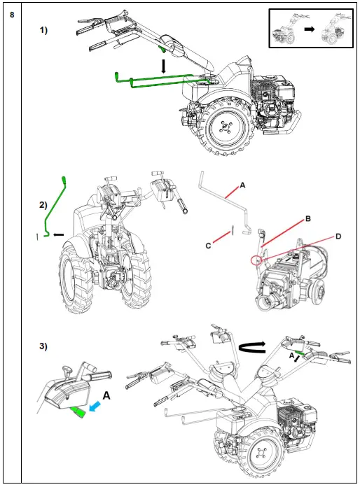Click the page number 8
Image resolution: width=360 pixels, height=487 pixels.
(12, 15)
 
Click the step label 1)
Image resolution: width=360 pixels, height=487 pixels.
(43, 30)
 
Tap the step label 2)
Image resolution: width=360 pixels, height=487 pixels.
(43, 205)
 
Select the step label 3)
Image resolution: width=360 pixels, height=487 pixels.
(43, 346)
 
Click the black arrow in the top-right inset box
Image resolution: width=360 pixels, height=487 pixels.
(310, 29)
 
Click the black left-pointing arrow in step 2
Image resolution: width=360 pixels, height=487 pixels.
(58, 234)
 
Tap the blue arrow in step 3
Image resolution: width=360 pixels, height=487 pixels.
(96, 407)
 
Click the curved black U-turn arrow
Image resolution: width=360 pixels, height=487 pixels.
(252, 347)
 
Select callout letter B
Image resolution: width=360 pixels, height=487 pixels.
(308, 218)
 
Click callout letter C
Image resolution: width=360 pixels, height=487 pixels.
(208, 246)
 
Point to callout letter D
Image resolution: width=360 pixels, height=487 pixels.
(338, 237)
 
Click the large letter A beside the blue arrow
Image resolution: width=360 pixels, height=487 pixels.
(106, 395)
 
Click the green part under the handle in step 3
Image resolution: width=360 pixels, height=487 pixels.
(78, 412)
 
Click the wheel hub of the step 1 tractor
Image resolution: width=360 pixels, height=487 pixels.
(224, 128)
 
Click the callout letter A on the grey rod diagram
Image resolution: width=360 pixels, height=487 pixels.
(242, 185)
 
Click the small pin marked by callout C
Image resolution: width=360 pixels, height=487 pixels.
(232, 230)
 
